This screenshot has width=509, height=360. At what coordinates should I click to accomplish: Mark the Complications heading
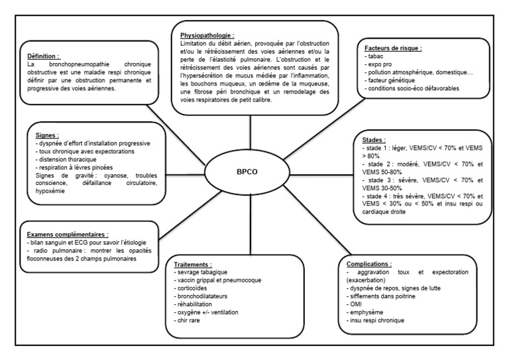[x=370, y=263]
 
